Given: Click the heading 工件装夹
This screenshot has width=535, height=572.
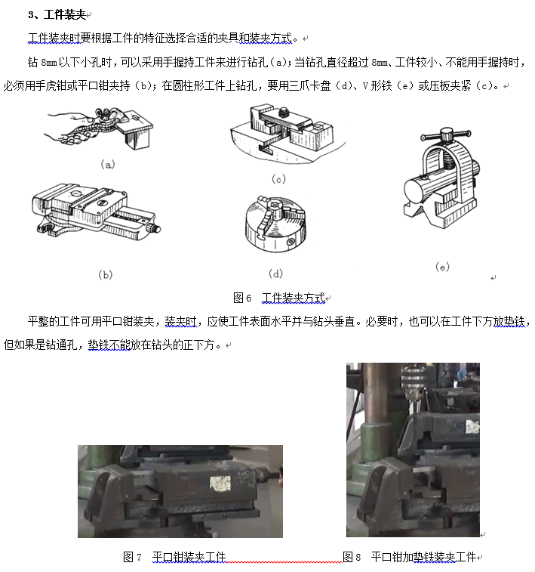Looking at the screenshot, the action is tap(65, 14).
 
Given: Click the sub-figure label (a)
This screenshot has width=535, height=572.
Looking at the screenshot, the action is tap(108, 165).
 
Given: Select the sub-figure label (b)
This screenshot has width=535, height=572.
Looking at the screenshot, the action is tap(106, 274).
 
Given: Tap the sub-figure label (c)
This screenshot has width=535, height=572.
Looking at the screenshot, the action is tap(278, 179).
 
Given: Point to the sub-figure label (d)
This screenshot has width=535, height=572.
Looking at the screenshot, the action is tap(275, 274).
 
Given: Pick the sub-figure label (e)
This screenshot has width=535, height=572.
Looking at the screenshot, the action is tap(442, 267).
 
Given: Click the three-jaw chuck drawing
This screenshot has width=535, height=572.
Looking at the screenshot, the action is tap(275, 224).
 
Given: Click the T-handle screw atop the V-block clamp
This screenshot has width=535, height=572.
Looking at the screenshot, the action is tap(446, 134).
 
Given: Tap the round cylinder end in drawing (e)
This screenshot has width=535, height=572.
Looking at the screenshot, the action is tap(414, 191).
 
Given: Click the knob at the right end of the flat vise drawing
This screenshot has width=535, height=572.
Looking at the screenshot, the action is tap(154, 229).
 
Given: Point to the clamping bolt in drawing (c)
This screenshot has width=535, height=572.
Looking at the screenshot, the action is tap(284, 112).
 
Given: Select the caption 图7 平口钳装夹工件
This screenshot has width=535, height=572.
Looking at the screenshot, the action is tap(174, 557).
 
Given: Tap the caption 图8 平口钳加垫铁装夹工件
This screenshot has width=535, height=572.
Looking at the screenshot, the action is tap(409, 557).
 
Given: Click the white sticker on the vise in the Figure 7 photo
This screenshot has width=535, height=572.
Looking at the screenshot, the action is tap(220, 483).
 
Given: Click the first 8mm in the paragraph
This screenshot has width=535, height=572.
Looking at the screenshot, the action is tap(49, 63).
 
